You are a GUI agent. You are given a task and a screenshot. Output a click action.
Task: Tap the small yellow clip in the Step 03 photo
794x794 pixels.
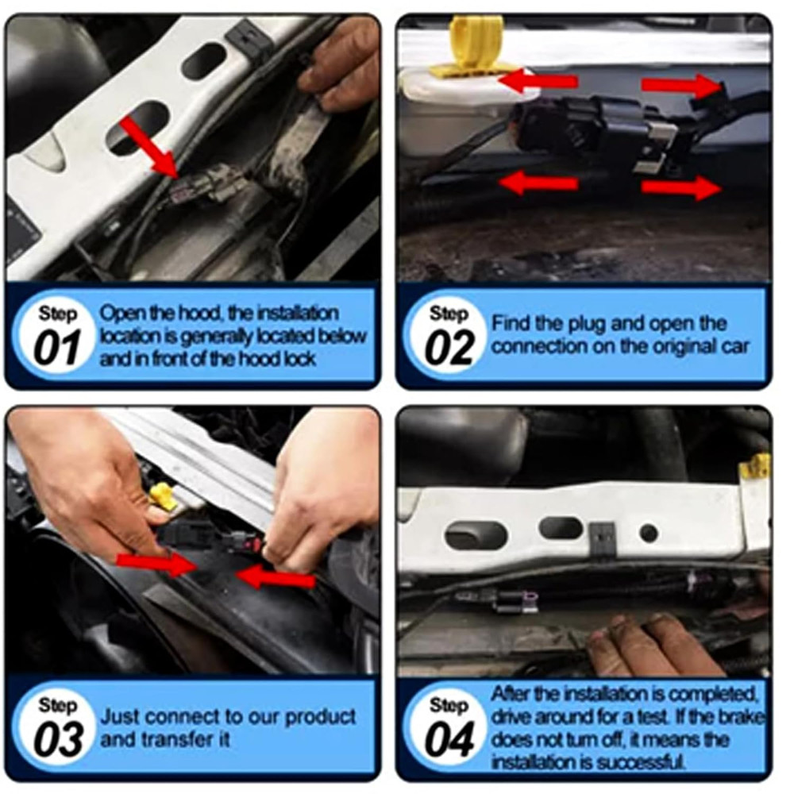(162, 495)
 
